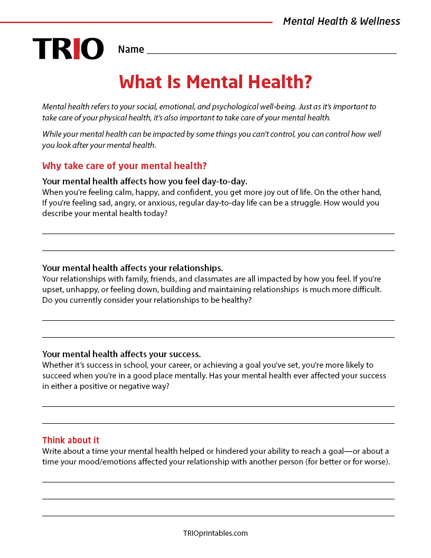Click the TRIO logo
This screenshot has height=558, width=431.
68,49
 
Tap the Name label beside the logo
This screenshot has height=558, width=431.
131,50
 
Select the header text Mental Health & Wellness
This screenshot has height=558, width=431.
341,22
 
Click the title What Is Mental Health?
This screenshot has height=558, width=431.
215,82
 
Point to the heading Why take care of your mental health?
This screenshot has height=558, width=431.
124,166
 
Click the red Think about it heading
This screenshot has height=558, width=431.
71,440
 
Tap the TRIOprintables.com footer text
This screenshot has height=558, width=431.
215,533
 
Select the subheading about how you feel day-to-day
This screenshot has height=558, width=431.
145,181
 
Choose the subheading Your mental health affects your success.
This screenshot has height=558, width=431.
121,354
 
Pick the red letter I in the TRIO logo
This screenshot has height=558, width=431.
77,49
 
